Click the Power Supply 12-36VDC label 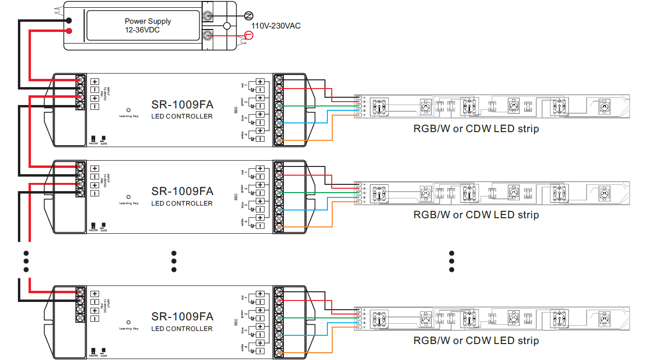click(x=147, y=26)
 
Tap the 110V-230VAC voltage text click(x=276, y=26)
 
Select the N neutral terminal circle click(x=249, y=15)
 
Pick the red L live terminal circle click(x=249, y=35)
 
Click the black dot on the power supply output click(x=69, y=20)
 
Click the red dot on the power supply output click(x=69, y=31)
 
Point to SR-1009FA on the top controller click(x=182, y=105)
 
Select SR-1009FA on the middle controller click(x=182, y=192)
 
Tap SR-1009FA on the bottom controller click(x=182, y=317)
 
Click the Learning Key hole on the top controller click(x=129, y=110)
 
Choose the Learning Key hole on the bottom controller click(x=129, y=322)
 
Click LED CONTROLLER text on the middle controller click(x=182, y=203)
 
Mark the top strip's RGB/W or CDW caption click(x=476, y=129)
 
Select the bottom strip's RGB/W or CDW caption click(x=476, y=341)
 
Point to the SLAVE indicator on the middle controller click(x=103, y=225)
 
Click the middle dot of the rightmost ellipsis click(x=452, y=261)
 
